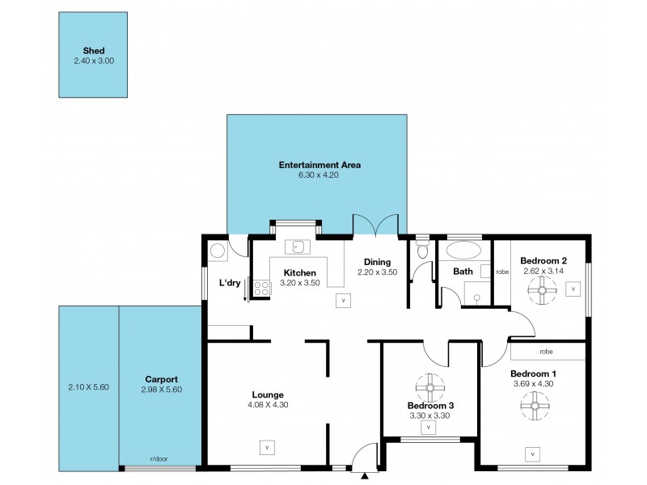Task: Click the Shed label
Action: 93,50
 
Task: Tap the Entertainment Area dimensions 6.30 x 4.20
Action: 319,175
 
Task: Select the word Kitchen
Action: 298,272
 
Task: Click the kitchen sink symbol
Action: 297,246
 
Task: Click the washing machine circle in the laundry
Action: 216,251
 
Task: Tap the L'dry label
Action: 230,283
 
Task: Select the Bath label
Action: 463,272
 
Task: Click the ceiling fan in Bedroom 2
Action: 542,290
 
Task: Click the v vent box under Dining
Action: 343,300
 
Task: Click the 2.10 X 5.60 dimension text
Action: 89,387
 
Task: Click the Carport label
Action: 161,379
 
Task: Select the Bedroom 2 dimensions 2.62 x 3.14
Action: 543,272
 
